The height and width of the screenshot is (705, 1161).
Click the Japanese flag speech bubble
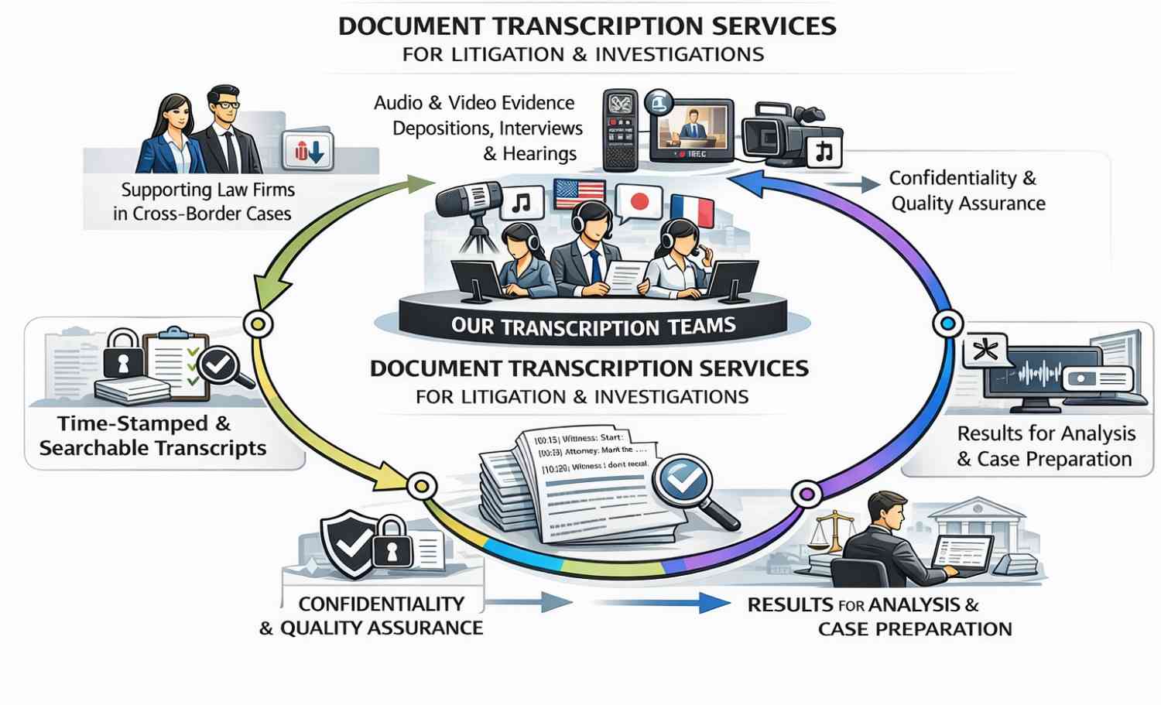(x=639, y=203)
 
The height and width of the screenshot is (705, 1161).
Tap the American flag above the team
(x=579, y=194)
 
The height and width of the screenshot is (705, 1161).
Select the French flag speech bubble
(x=691, y=210)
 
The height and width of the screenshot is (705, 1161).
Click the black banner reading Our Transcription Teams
(x=593, y=326)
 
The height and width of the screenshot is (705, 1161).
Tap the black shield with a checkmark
(x=348, y=544)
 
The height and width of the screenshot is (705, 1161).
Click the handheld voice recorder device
(x=620, y=130)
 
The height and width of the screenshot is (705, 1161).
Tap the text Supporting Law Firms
(x=207, y=190)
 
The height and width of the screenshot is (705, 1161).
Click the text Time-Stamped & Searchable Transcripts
(x=152, y=436)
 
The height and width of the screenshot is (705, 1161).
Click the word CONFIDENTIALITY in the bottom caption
(x=381, y=604)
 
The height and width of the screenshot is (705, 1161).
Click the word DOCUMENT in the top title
(x=411, y=26)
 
